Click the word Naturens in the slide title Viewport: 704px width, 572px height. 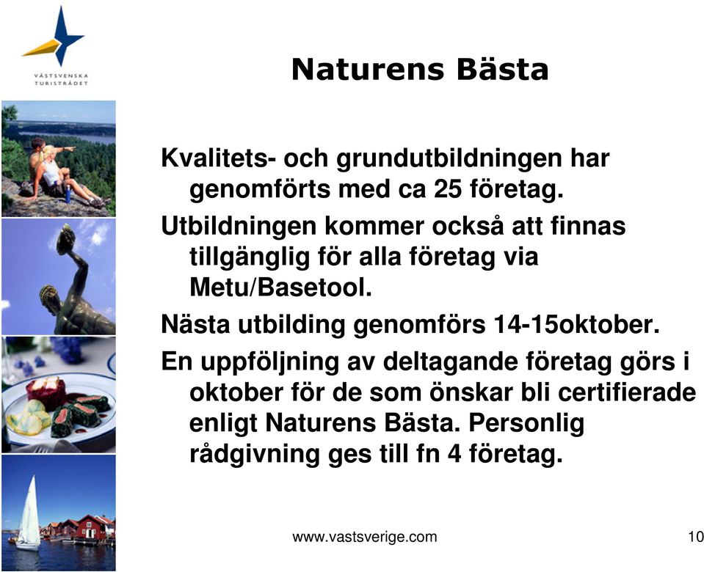[368, 70]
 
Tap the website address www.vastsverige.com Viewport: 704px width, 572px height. [364, 537]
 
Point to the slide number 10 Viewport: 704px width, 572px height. [695, 537]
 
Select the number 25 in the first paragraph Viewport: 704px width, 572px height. [447, 188]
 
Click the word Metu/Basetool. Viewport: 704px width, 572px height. [280, 287]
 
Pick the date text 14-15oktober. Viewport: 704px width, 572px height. [576, 324]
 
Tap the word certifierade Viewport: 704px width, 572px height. [627, 392]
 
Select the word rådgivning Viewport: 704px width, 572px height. [255, 455]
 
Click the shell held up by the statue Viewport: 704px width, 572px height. [66, 239]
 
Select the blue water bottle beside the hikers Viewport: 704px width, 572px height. [68, 194]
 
